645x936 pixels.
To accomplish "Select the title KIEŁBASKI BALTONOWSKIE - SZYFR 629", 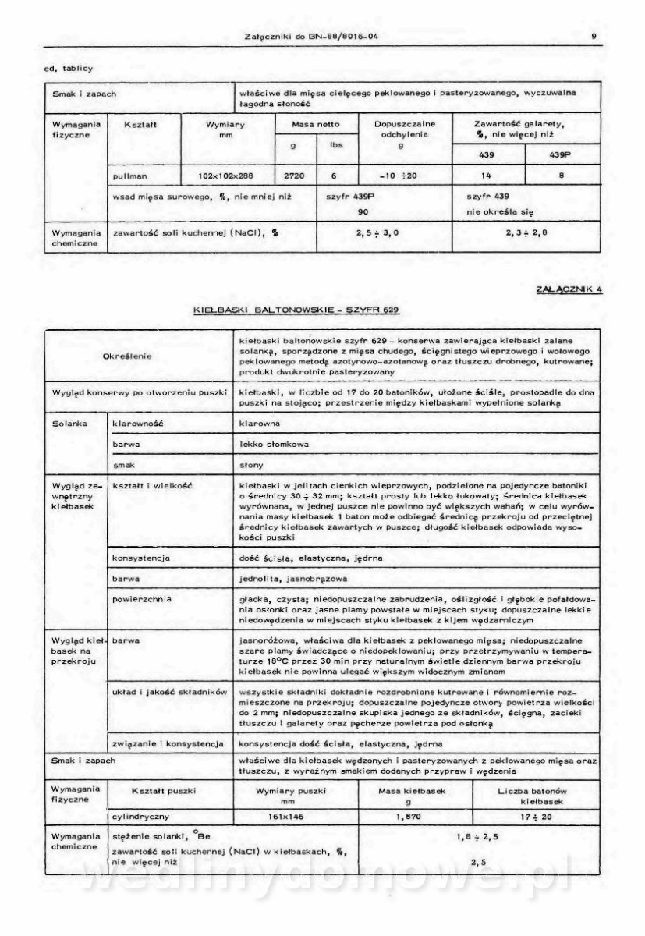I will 296,310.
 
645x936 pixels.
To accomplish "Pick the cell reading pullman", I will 130,176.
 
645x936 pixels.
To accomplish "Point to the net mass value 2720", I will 296,176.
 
